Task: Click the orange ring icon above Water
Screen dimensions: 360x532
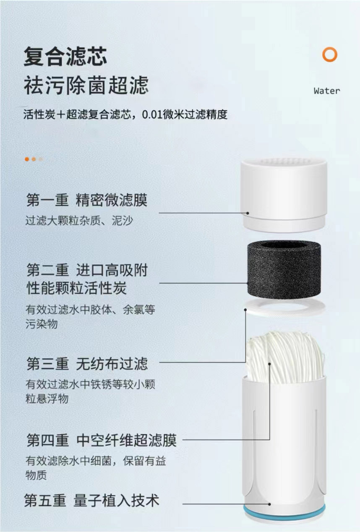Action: (x=330, y=55)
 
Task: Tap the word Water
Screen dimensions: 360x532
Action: (x=326, y=91)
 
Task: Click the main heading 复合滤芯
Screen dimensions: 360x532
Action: (x=65, y=57)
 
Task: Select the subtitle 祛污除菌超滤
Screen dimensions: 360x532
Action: (x=86, y=85)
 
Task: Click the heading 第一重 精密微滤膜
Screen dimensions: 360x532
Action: (x=87, y=200)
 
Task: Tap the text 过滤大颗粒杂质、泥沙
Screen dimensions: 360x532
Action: (x=79, y=221)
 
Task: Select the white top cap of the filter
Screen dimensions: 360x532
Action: (x=284, y=196)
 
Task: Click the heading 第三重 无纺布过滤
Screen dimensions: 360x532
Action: (x=87, y=364)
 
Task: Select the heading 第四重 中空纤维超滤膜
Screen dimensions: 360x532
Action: (x=102, y=440)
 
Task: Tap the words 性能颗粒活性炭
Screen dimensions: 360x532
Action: (x=76, y=288)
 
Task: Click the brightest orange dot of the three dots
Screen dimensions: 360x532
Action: (x=27, y=159)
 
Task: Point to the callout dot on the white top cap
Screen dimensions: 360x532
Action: (x=248, y=213)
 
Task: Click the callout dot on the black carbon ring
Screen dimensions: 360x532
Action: (x=248, y=283)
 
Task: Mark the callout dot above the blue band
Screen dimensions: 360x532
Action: (x=269, y=504)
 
